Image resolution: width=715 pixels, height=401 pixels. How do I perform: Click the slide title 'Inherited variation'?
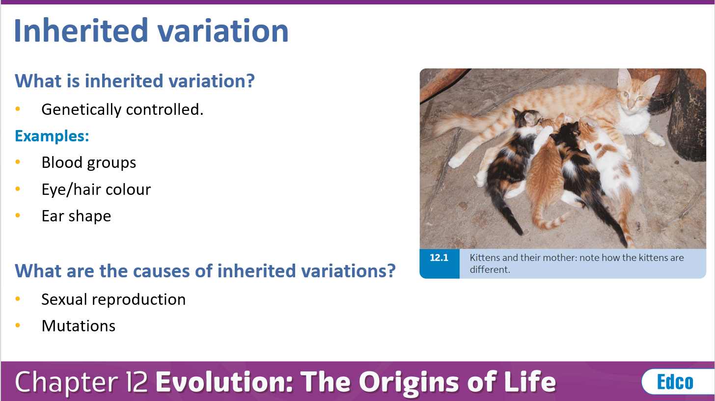coord(151,30)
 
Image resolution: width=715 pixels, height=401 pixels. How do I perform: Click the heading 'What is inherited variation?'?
coord(135,80)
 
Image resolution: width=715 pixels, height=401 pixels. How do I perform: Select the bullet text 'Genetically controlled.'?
coord(122,109)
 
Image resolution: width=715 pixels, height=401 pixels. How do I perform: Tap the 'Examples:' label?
coord(52,135)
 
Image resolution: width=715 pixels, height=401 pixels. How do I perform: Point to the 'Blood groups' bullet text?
coord(89,162)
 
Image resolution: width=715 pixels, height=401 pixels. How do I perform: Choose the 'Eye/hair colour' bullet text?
coord(96,189)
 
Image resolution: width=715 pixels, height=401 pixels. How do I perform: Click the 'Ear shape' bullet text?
coord(76,216)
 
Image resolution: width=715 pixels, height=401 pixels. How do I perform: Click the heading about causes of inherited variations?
coord(205,270)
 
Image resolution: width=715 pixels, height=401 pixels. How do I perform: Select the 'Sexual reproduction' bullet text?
coord(113,299)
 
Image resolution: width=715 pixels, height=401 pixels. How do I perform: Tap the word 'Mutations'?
coord(79,326)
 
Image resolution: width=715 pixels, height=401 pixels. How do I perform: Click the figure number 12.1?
coord(439,258)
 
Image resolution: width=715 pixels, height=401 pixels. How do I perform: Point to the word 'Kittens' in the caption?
coord(485,258)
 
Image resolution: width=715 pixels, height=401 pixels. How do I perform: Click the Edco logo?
coord(675,382)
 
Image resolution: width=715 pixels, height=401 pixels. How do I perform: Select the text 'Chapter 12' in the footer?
coord(81,382)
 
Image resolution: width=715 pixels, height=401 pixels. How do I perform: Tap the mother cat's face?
coord(632,98)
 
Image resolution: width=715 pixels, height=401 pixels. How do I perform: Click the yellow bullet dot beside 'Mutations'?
coord(18,326)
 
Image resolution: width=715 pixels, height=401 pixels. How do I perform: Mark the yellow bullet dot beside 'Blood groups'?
coord(18,162)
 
